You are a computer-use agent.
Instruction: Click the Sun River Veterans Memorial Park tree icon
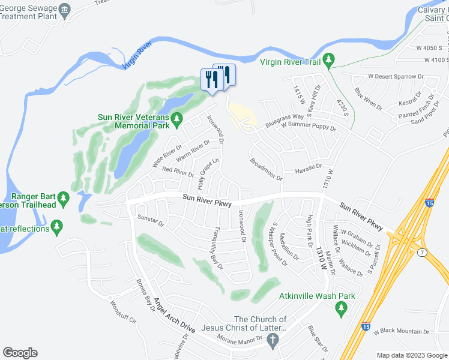tap(176, 121)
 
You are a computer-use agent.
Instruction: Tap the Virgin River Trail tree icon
tap(328, 60)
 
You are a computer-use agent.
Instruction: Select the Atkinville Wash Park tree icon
tap(342, 309)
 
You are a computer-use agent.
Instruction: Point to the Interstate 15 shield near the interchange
tap(429, 204)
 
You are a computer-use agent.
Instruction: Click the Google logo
tap(20, 353)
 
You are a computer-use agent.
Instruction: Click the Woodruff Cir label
tap(124, 313)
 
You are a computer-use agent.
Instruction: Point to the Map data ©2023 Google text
tap(411, 355)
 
